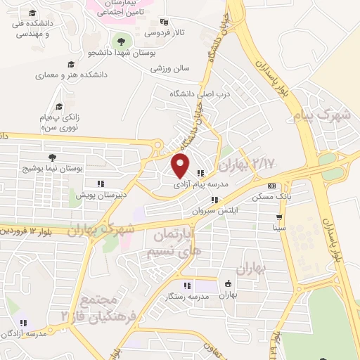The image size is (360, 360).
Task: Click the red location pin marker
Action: coord(181,165)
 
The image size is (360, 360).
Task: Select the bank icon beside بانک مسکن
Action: coord(271,186)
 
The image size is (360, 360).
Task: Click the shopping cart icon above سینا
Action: coord(280,217)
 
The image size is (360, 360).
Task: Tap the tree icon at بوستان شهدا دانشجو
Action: coord(122,41)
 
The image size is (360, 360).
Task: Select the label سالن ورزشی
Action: coord(169,68)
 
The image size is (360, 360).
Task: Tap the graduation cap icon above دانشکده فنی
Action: coord(34,13)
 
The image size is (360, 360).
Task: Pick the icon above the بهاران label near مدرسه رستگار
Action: coord(227,284)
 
